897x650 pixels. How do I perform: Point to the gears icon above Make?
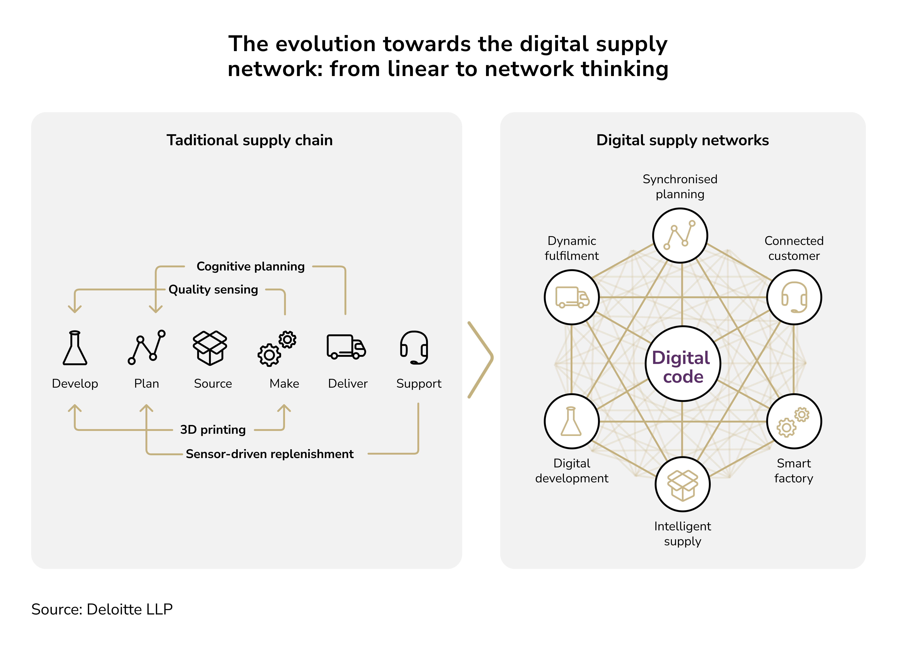point(277,348)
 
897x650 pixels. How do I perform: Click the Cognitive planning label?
point(250,266)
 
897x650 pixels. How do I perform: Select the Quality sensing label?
point(213,289)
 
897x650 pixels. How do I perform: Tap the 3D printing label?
point(213,429)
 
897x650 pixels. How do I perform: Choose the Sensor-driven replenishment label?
point(269,454)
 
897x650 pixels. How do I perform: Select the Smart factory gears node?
point(794,421)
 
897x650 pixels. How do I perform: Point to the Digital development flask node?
point(572,421)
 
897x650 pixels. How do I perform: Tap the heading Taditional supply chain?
point(250,140)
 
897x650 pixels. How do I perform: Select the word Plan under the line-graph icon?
point(146,383)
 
